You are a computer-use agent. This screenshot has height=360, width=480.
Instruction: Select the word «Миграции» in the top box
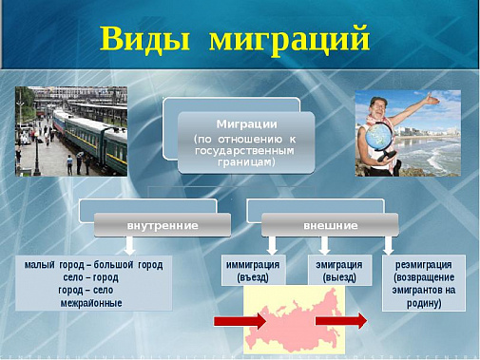[246, 124]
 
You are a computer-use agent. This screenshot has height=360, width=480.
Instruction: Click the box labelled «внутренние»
[162, 225]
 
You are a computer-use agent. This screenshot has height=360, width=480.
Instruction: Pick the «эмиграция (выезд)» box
[338, 271]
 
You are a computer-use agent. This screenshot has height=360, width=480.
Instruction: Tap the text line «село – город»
[94, 277]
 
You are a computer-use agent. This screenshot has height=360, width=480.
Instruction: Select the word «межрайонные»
[94, 302]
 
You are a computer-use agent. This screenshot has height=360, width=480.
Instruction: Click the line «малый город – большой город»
[94, 264]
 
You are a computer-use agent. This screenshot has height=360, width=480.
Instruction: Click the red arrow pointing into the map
[240, 322]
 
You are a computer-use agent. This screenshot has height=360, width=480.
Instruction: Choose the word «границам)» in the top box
[246, 162]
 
